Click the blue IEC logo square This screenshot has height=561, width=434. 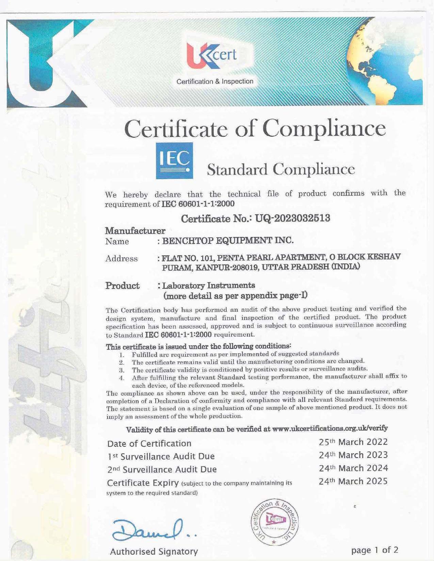click(174, 160)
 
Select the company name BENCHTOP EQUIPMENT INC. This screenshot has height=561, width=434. click(228, 241)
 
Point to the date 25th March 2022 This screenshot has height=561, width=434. click(353, 442)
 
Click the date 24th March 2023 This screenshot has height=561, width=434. click(353, 455)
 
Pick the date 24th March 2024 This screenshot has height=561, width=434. click(353, 468)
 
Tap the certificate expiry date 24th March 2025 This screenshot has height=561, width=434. click(353, 481)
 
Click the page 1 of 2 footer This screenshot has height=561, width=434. click(374, 550)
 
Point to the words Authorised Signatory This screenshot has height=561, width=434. click(154, 551)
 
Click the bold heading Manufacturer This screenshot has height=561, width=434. click(135, 231)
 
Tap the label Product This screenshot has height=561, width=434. click(123, 286)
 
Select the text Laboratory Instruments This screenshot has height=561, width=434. click(209, 285)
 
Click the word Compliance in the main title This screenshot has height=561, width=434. click(325, 129)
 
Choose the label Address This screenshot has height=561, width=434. click(122, 259)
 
